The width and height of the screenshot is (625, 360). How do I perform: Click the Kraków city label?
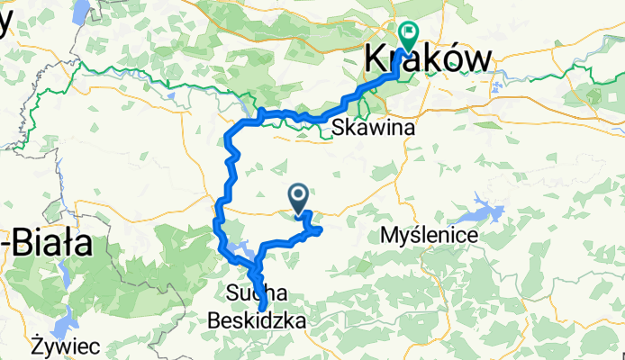[430, 58]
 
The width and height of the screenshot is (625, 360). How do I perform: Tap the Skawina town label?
[372, 129]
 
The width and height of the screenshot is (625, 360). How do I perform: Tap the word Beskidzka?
[257, 319]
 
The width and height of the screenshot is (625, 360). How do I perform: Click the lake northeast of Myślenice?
[482, 213]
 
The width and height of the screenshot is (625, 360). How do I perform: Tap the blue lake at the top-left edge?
[80, 12]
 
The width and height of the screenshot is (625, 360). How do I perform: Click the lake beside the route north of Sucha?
[239, 247]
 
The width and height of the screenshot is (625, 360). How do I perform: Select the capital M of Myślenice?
[390, 236]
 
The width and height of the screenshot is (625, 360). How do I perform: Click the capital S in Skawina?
[339, 129]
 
